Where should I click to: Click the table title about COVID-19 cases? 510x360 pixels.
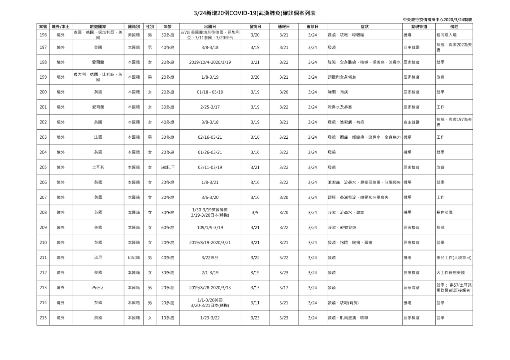[255, 13]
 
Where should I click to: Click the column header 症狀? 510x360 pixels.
[364, 27]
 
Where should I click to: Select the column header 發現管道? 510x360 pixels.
[419, 27]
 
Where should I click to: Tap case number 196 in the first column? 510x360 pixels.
[43, 35]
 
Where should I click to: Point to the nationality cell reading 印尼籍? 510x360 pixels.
[134, 258]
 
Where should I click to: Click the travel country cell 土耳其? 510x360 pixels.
[98, 168]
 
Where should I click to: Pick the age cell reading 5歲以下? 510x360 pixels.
[168, 168]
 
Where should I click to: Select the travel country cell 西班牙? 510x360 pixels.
[98, 288]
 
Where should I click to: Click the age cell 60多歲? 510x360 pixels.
[168, 228]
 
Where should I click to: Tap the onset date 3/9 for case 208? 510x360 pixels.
[255, 213]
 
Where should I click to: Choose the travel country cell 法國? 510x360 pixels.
[98, 137]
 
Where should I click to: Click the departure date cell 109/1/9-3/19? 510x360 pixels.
[210, 228]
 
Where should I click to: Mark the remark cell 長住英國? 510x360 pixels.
[444, 213]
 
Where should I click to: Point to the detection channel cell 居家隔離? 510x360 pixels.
[411, 288]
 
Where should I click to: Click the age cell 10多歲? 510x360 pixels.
[168, 318]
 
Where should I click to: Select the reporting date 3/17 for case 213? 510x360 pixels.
[284, 288]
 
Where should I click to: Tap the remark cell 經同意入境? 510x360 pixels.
[446, 35]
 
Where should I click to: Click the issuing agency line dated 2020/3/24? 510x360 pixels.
[437, 20]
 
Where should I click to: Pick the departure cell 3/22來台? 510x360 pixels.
[210, 258]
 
